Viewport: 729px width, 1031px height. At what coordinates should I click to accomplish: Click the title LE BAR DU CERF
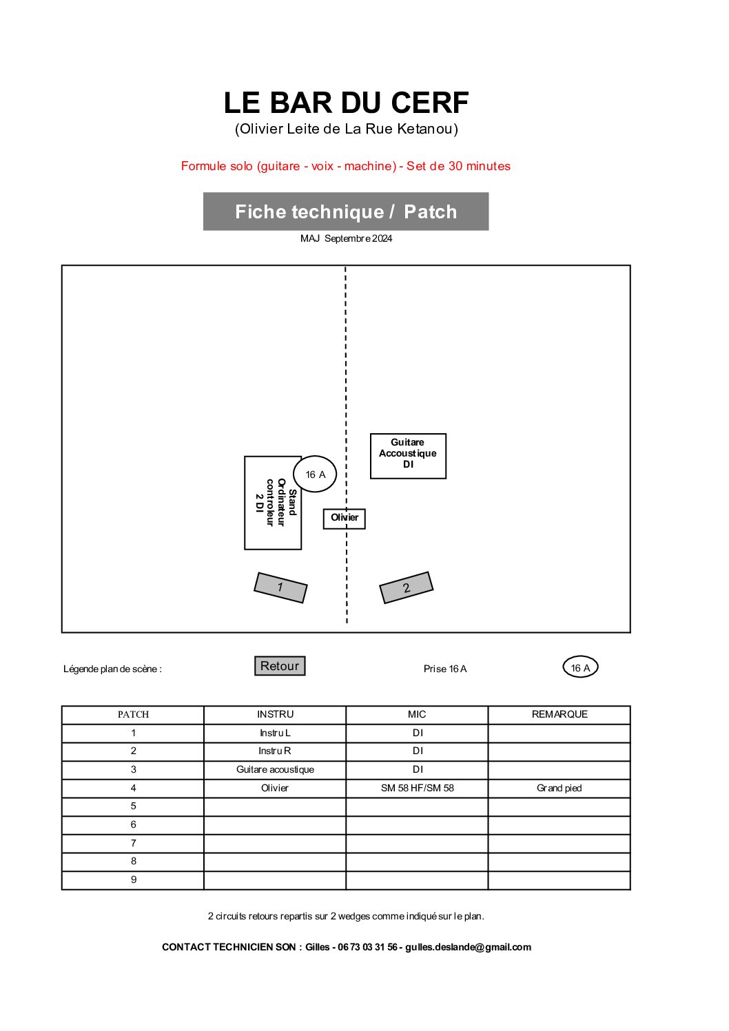coord(346,103)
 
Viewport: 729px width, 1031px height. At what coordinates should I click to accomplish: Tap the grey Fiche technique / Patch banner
coord(346,211)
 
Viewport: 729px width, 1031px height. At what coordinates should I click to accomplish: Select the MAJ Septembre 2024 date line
coord(346,238)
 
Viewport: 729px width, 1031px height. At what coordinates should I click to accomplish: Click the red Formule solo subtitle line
coord(346,166)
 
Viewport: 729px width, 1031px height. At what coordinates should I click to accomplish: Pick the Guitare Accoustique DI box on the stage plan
coord(408,455)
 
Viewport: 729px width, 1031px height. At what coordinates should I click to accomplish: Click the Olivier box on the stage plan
coord(344,518)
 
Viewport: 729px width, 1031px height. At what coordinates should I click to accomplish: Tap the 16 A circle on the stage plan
coord(315,474)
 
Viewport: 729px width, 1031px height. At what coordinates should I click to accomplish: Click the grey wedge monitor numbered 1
coord(280,587)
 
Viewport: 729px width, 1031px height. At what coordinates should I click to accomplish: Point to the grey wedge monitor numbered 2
coord(407,587)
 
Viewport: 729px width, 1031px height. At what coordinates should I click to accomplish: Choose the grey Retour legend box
coord(280,666)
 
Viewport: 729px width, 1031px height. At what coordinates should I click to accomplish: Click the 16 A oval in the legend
coord(580,667)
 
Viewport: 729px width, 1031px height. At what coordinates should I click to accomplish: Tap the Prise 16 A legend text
coord(445,669)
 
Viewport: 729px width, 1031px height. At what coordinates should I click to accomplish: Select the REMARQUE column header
coord(559,714)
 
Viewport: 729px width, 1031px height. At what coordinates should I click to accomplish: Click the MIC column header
coord(417,714)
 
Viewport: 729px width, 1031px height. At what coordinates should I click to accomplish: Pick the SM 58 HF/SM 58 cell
coord(417,788)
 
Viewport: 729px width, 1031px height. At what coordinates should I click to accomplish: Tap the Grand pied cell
coord(559,788)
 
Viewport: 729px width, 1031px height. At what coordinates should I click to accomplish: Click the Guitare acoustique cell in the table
coord(275,769)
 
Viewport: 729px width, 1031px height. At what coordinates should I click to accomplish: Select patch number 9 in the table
coord(134,879)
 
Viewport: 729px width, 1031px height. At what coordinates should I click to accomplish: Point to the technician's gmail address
coord(468,947)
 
